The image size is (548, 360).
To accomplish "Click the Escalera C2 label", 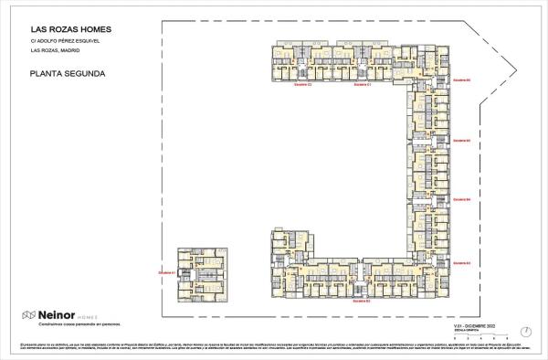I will point(302,84).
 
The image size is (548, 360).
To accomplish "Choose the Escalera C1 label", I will point(362,84).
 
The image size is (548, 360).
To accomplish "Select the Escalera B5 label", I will point(461,140).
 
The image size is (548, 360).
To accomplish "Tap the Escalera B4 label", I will point(461,198).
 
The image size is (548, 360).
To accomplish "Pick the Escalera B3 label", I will point(461,262).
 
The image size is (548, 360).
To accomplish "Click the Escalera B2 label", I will point(362,300).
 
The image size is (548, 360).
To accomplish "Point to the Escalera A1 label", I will point(166,272).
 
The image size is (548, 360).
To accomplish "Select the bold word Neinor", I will point(55,315).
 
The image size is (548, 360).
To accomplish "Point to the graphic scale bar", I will point(480,334).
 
